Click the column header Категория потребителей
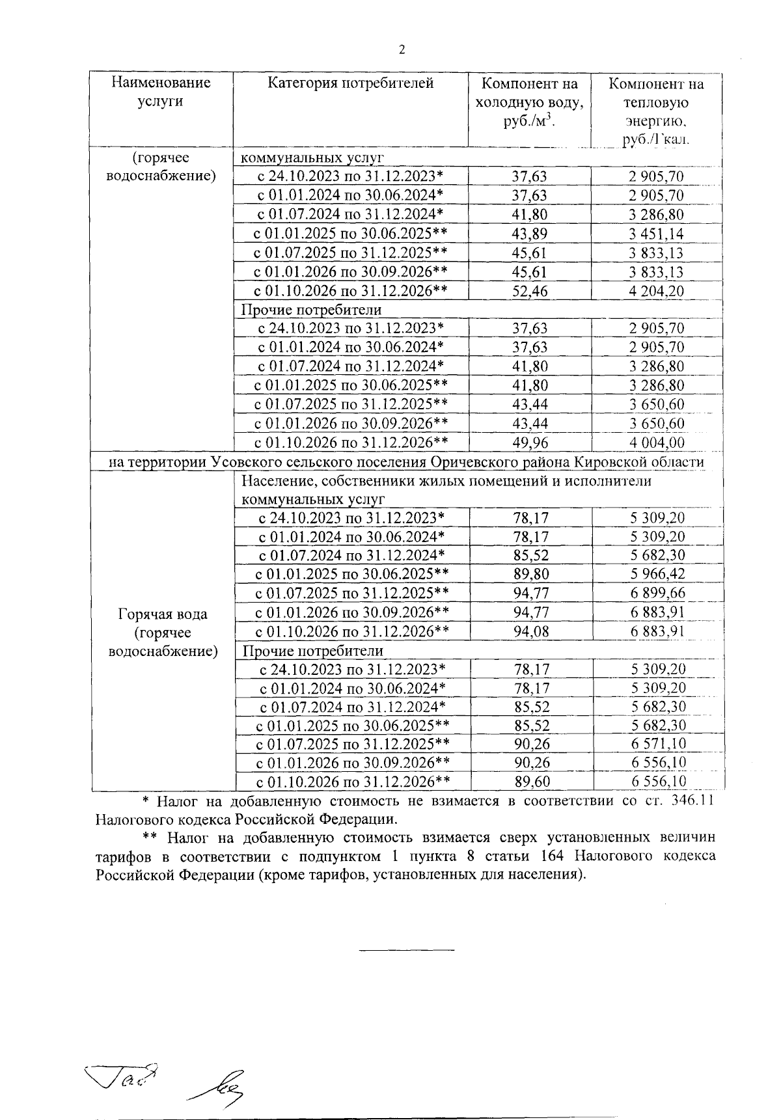(351, 83)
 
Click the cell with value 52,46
(530, 291)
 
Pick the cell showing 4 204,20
(656, 291)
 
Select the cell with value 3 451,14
(656, 234)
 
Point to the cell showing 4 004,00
(656, 443)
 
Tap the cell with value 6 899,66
(657, 593)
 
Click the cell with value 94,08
(530, 631)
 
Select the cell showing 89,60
(530, 782)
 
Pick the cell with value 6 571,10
(657, 744)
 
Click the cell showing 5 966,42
(657, 574)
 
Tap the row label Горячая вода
(163, 614)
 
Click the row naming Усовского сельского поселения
(407, 461)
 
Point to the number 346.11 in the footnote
(691, 800)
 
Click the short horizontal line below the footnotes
(407, 950)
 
